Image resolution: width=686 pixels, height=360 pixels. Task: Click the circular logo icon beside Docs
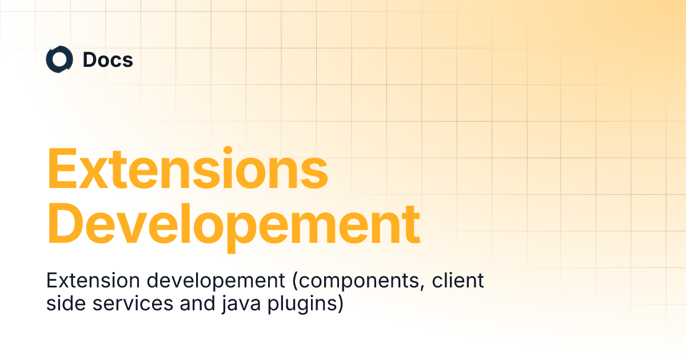click(59, 60)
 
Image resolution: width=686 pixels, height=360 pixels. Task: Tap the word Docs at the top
click(107, 60)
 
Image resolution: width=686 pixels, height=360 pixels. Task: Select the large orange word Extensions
click(188, 169)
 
